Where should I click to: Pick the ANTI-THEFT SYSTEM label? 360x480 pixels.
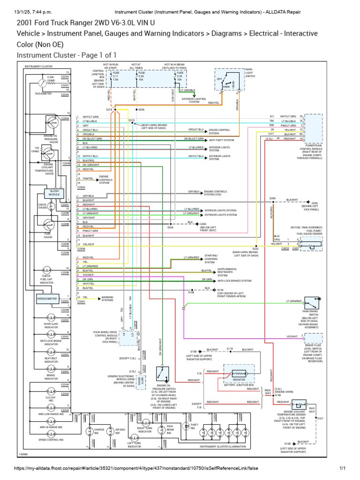coord(221,139)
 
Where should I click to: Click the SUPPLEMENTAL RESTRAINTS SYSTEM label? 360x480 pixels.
coord(227,272)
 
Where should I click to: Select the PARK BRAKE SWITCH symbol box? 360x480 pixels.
coord(313,303)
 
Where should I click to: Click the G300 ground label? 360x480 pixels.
coord(202,224)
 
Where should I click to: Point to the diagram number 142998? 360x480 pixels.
coord(23,454)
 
